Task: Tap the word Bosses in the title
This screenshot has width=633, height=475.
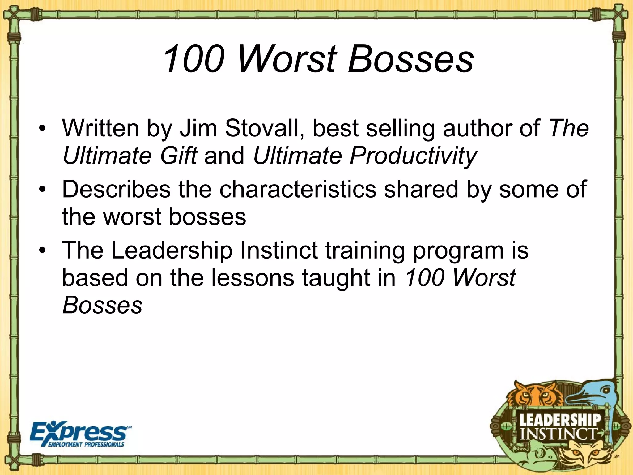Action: (x=411, y=59)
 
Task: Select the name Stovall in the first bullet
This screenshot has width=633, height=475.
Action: (x=264, y=128)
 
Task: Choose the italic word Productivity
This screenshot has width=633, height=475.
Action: (x=365, y=156)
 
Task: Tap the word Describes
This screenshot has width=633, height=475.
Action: (x=116, y=189)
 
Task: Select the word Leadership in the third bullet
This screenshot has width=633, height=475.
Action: (x=172, y=250)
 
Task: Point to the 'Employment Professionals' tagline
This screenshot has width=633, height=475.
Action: (x=86, y=445)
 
